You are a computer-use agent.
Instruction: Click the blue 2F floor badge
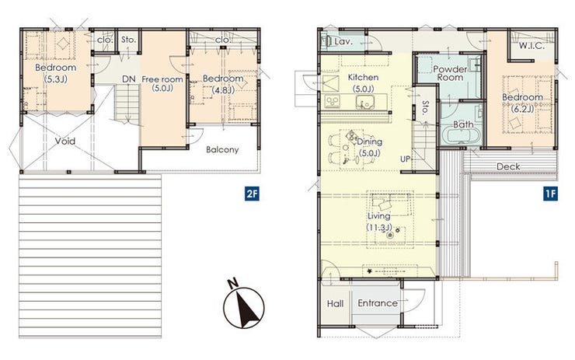(253, 194)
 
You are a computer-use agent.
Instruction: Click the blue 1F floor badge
(550, 194)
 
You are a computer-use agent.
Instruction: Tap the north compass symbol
(243, 306)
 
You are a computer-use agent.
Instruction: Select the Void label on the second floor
(65, 142)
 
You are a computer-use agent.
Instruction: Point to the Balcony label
(222, 150)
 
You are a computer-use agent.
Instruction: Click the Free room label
(162, 83)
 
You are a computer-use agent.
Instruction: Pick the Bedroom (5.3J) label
(56, 72)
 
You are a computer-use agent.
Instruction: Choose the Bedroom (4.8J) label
(223, 84)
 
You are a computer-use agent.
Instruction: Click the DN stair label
(129, 79)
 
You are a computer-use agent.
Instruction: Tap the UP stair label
(405, 159)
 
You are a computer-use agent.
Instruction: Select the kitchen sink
(364, 102)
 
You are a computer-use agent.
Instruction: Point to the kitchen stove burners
(333, 101)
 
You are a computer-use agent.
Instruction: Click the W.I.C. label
(531, 46)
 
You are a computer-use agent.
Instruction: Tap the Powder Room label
(451, 73)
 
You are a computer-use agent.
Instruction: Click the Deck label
(508, 166)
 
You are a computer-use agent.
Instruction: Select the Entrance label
(378, 303)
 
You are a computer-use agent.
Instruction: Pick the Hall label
(335, 303)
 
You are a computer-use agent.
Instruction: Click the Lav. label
(343, 42)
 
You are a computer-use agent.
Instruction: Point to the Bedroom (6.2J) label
(523, 103)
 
